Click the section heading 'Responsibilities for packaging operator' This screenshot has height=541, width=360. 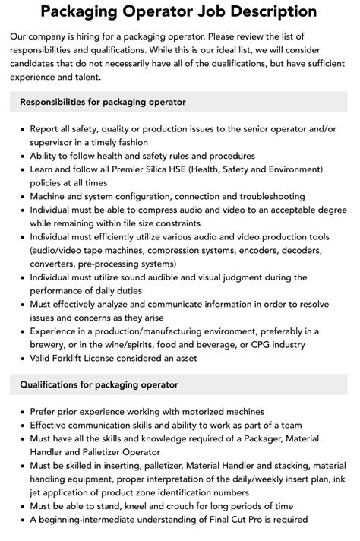tap(103, 101)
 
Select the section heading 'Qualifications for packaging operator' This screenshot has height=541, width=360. tap(99, 384)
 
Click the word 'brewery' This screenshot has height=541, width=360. tap(51, 345)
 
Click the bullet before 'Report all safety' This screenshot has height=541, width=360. tap(21, 128)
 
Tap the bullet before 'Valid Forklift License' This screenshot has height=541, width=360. tap(21, 359)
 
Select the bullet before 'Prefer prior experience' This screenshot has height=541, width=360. tap(21, 411)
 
